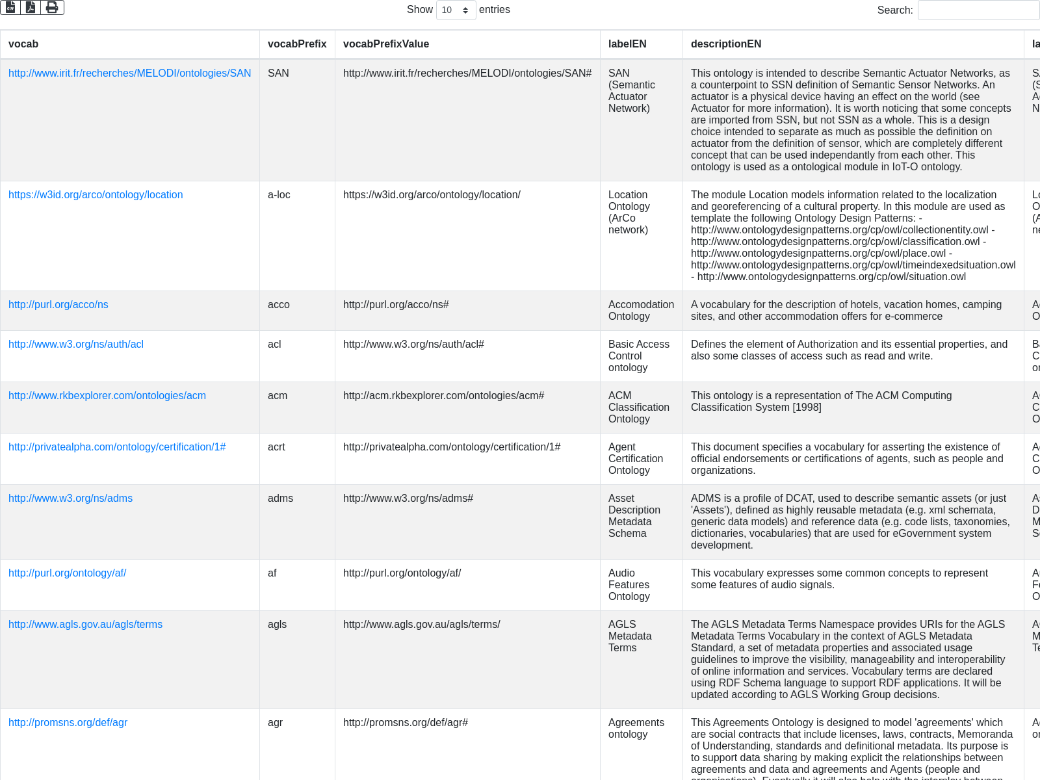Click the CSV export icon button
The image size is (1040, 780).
[11, 7]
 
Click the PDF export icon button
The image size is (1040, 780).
[31, 7]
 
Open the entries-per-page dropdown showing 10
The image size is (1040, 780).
[456, 10]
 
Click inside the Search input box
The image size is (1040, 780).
[978, 10]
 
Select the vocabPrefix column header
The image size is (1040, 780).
[297, 44]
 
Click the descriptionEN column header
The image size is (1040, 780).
[726, 44]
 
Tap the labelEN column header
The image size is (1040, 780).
[627, 44]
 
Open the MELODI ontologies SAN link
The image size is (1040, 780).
[129, 73]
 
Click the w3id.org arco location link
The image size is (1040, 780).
[96, 195]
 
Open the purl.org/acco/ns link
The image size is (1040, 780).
[58, 305]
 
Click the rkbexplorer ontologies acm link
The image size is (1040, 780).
[107, 396]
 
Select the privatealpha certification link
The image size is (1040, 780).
[117, 447]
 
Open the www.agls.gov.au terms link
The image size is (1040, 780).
[85, 625]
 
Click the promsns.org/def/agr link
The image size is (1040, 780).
[68, 723]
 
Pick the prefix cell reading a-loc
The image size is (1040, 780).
[279, 195]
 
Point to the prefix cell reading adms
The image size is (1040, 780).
[280, 499]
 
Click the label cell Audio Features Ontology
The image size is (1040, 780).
[629, 584]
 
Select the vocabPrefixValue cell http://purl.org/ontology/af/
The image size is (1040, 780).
[402, 573]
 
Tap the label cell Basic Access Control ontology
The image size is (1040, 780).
[638, 356]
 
